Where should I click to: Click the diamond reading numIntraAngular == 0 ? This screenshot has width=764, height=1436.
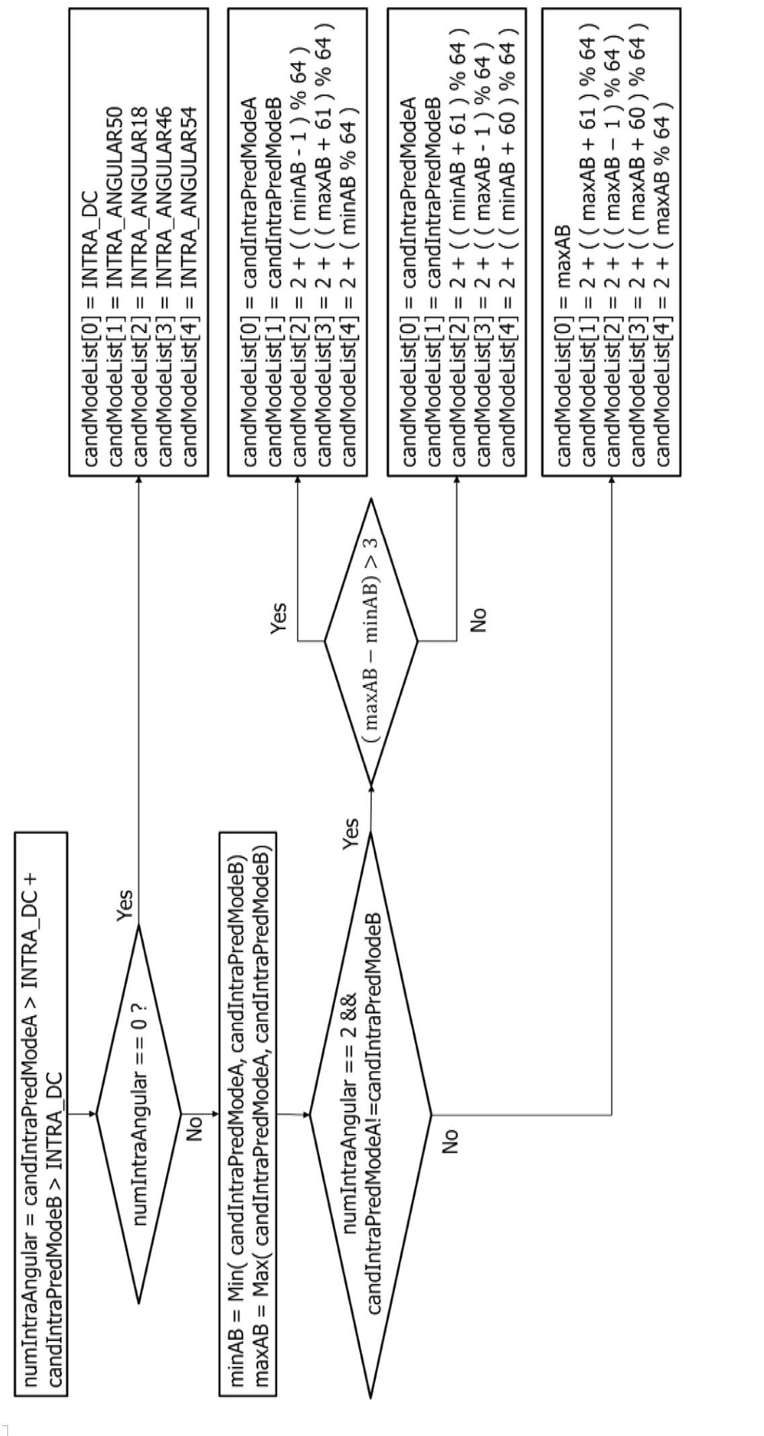click(x=139, y=1114)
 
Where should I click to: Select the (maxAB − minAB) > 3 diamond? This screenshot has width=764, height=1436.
click(x=371, y=641)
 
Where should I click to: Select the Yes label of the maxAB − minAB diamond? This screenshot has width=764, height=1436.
click(x=278, y=618)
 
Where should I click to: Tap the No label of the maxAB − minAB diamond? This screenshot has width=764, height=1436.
click(x=478, y=620)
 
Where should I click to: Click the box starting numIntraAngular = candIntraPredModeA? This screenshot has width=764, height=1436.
click(x=40, y=1114)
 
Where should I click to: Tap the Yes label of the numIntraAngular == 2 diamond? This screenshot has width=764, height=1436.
click(x=350, y=833)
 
